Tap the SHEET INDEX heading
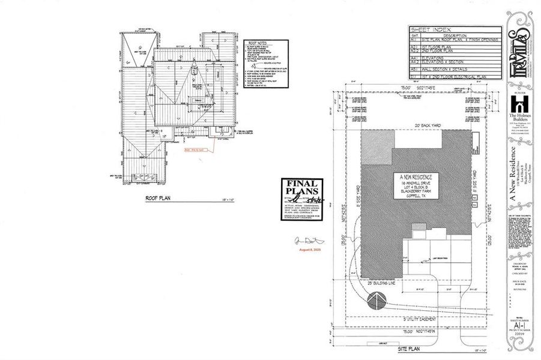point(425,28)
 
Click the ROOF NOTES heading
point(257,43)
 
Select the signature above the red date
point(305,240)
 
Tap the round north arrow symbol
point(376,301)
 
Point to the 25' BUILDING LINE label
point(381,282)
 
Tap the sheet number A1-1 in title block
point(517,326)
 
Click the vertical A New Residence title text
point(513,174)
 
